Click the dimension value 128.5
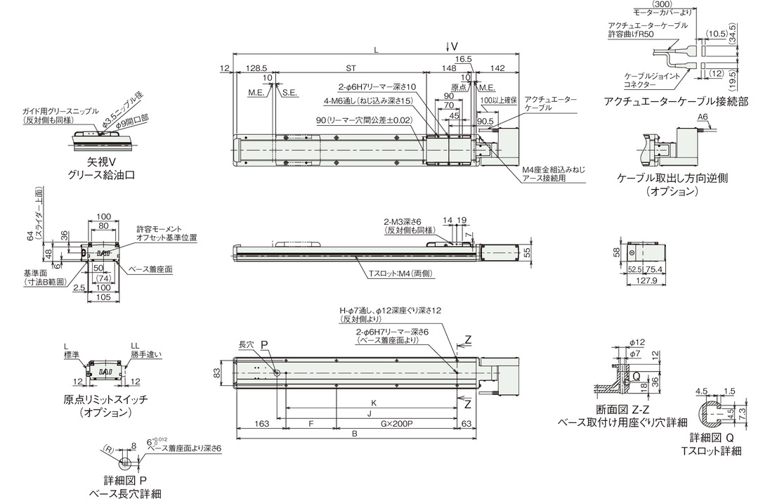click(x=256, y=68)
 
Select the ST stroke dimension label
click(x=351, y=68)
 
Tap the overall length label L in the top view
click(x=377, y=49)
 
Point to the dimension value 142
click(x=497, y=68)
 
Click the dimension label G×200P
click(x=396, y=423)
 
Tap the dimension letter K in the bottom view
click(x=373, y=403)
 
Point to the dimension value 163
click(x=262, y=423)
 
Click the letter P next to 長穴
click(x=264, y=345)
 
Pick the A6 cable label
click(x=703, y=117)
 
